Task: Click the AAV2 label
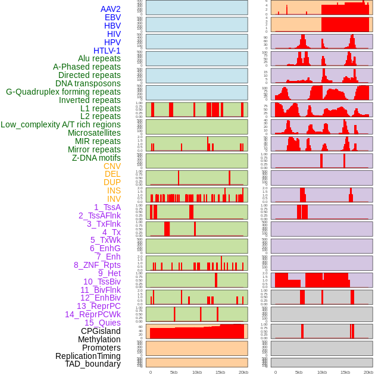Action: click(110, 9)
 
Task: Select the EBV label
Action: click(112, 17)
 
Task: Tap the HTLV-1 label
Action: click(107, 51)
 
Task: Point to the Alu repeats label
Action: click(99, 58)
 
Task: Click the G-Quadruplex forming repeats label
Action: click(63, 92)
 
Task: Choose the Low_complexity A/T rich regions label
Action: click(61, 124)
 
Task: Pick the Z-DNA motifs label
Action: click(96, 158)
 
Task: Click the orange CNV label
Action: click(112, 166)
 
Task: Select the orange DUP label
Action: click(112, 182)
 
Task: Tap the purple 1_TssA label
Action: click(107, 207)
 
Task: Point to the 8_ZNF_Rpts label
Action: click(97, 265)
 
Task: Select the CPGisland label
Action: click(101, 331)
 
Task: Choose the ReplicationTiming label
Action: click(87, 356)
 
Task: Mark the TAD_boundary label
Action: click(92, 364)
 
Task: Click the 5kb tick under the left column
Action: click(174, 372)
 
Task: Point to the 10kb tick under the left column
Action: click(196, 372)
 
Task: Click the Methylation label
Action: click(99, 339)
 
